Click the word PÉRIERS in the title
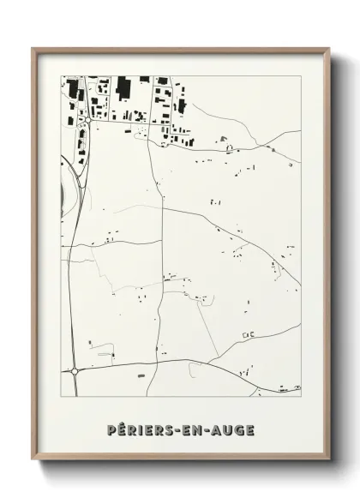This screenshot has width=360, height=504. point(137,429)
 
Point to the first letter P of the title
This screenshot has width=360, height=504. point(112,429)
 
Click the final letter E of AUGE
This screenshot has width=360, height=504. point(249,429)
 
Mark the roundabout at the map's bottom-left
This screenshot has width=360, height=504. point(75,371)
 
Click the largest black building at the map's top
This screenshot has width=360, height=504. point(123,86)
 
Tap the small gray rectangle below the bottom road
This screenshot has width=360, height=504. point(141,375)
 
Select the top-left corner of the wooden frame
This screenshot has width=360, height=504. point(33,48)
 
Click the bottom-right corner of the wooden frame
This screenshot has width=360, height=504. point(331,463)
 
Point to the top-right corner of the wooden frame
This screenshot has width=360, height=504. point(331,48)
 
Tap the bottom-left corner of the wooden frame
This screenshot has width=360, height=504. point(33,463)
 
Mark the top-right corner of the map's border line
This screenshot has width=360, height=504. point(301,76)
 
